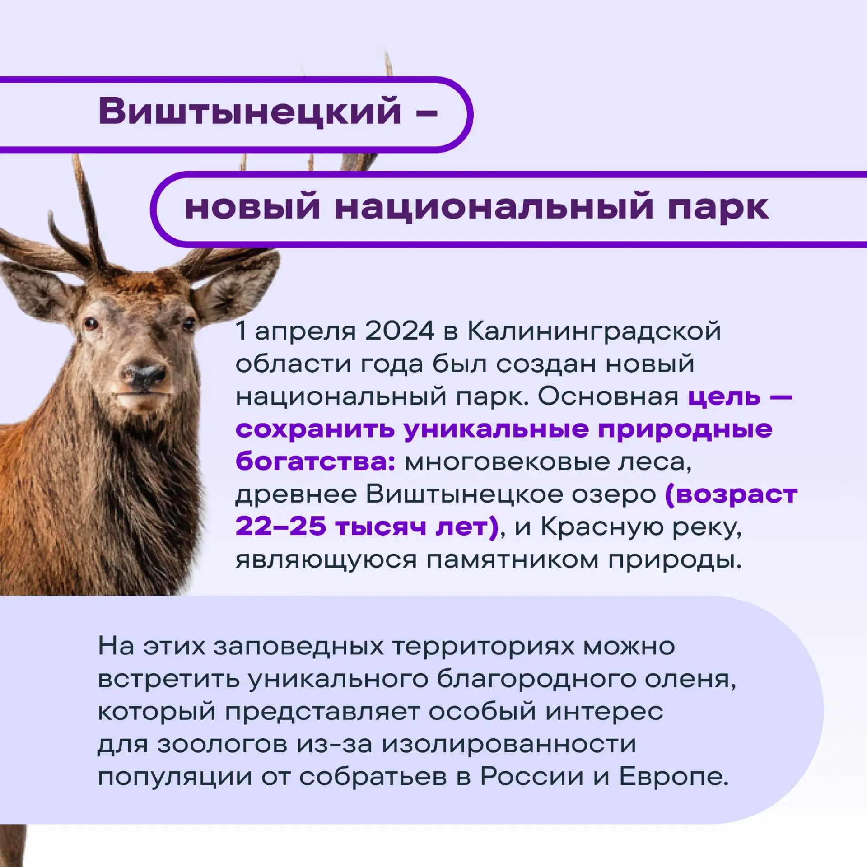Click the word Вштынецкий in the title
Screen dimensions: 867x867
pos(250,112)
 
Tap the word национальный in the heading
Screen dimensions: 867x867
pos(494,208)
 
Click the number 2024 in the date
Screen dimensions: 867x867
pos(400,331)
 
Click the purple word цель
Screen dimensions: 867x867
pos(724,396)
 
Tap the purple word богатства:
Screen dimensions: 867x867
pos(315,462)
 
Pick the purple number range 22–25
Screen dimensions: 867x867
pos(280,527)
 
